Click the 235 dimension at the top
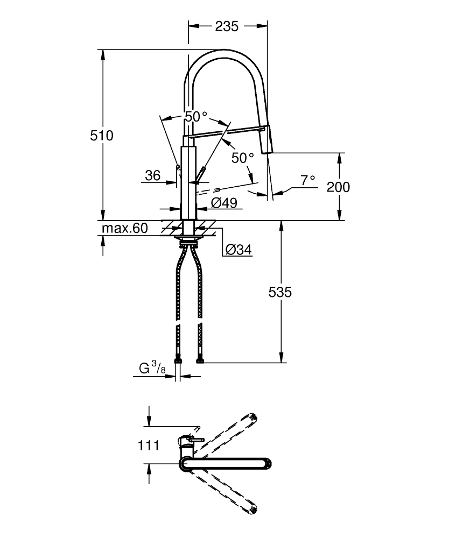pyautogui.click(x=227, y=26)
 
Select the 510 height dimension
pyautogui.click(x=102, y=136)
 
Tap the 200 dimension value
pyautogui.click(x=338, y=187)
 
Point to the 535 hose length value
pyautogui.click(x=280, y=292)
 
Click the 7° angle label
pyautogui.click(x=307, y=181)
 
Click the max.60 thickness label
pyautogui.click(x=125, y=229)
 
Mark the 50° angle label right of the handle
pyautogui.click(x=242, y=158)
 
